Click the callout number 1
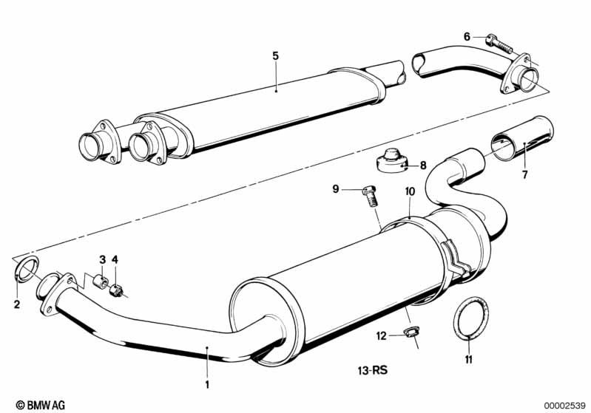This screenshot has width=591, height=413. pyautogui.click(x=208, y=385)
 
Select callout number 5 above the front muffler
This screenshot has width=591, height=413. pyautogui.click(x=275, y=55)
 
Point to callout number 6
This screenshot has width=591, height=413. pyautogui.click(x=467, y=36)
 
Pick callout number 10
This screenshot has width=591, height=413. pyautogui.click(x=410, y=191)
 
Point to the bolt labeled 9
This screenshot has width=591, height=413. pyautogui.click(x=370, y=195)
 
